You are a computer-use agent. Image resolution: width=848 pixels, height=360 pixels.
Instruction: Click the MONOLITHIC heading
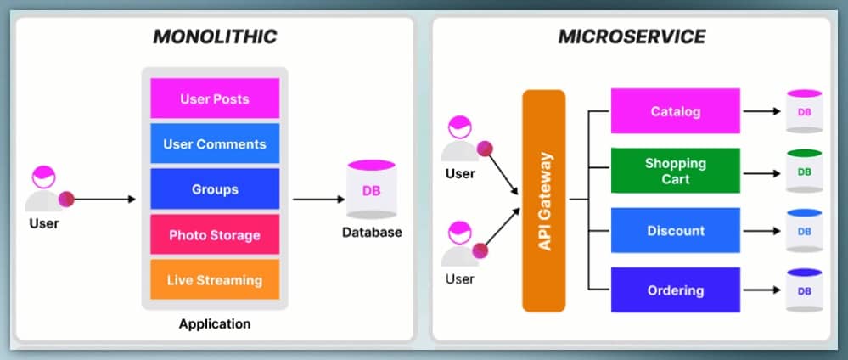pyautogui.click(x=214, y=37)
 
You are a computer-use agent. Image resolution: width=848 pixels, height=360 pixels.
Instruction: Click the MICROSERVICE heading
pyautogui.click(x=632, y=37)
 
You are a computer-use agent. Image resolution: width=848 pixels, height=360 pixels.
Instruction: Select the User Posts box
pyautogui.click(x=215, y=98)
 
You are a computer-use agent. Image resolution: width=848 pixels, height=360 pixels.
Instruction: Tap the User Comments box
pyautogui.click(x=215, y=143)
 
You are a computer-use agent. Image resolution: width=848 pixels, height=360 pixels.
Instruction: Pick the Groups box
pyautogui.click(x=215, y=189)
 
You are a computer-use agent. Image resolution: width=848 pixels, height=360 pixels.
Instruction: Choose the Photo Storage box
pyautogui.click(x=215, y=234)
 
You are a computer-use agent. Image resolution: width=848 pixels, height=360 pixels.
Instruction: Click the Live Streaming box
pyautogui.click(x=215, y=279)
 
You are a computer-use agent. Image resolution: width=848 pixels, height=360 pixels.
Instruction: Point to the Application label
pyautogui.click(x=215, y=323)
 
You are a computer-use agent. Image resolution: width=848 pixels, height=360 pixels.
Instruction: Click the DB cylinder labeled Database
pyautogui.click(x=372, y=190)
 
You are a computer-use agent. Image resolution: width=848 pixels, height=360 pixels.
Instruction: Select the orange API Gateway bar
pyautogui.click(x=544, y=200)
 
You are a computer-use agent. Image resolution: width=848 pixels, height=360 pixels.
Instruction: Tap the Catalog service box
pyautogui.click(x=676, y=111)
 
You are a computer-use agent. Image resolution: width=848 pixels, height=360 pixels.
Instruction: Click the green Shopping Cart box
pyautogui.click(x=676, y=172)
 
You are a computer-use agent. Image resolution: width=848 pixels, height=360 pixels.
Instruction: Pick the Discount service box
pyautogui.click(x=676, y=231)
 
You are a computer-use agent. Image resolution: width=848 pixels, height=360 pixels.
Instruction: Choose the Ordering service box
pyautogui.click(x=676, y=290)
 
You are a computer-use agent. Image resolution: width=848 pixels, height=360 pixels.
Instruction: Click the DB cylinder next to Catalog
pyautogui.click(x=804, y=112)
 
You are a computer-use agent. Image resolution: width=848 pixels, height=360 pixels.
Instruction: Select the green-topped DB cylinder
pyautogui.click(x=804, y=172)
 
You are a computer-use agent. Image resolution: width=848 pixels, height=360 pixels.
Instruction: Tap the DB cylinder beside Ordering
pyautogui.click(x=804, y=291)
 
